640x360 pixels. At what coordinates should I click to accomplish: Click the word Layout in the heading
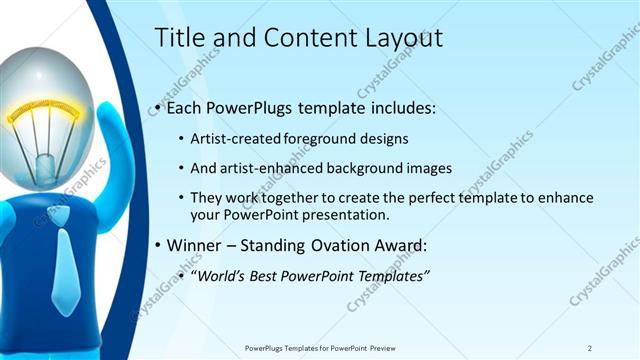click(399, 38)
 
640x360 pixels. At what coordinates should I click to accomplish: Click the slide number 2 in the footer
click(589, 348)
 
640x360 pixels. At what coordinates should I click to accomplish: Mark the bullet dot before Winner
click(159, 246)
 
